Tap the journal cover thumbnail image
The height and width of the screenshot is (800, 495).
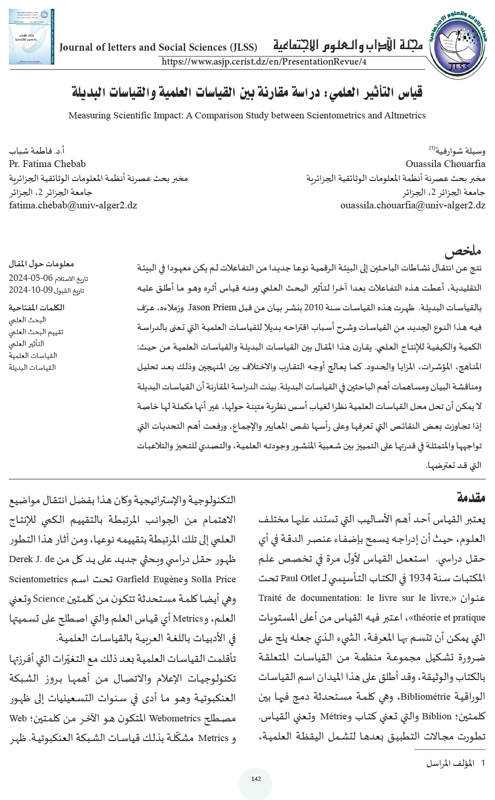tap(31, 37)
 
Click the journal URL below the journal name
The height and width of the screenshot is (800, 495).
tap(264, 62)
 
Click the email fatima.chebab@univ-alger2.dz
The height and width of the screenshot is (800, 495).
tap(73, 205)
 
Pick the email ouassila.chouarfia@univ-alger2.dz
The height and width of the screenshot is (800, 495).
tap(413, 205)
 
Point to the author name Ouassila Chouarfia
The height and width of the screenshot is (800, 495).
tap(445, 164)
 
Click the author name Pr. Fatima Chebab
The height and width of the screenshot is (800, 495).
tap(47, 164)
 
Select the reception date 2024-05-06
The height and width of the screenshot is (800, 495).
tap(31, 278)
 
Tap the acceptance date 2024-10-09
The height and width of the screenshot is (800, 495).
tap(31, 290)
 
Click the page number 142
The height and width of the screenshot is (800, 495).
tap(256, 779)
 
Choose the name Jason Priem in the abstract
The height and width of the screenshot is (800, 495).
tap(212, 307)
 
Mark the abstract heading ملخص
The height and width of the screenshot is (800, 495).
tap(463, 251)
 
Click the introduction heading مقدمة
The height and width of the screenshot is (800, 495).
tap(471, 497)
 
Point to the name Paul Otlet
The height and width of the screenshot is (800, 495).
tap(300, 578)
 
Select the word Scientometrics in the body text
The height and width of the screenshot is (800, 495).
tap(38, 579)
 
